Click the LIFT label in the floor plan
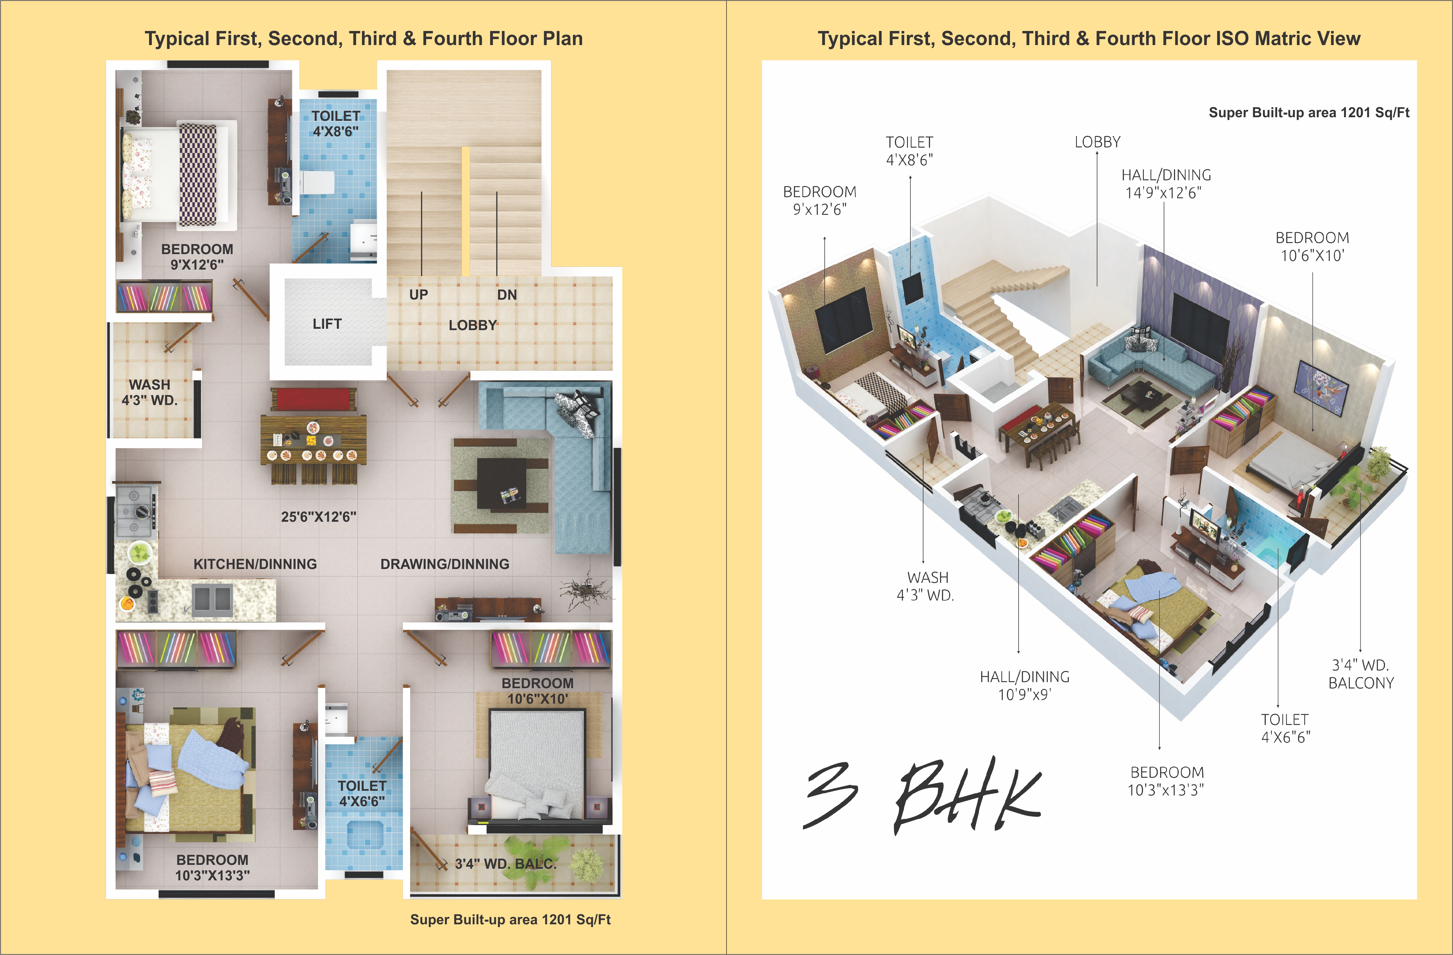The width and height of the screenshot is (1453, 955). pyautogui.click(x=327, y=324)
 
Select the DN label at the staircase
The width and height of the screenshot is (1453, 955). pyautogui.click(x=507, y=295)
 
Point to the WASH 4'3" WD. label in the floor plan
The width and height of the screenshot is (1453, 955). pyautogui.click(x=150, y=392)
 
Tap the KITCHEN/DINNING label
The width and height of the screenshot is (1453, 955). pyautogui.click(x=255, y=564)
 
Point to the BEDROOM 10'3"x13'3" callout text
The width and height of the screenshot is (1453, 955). pyautogui.click(x=1166, y=781)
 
